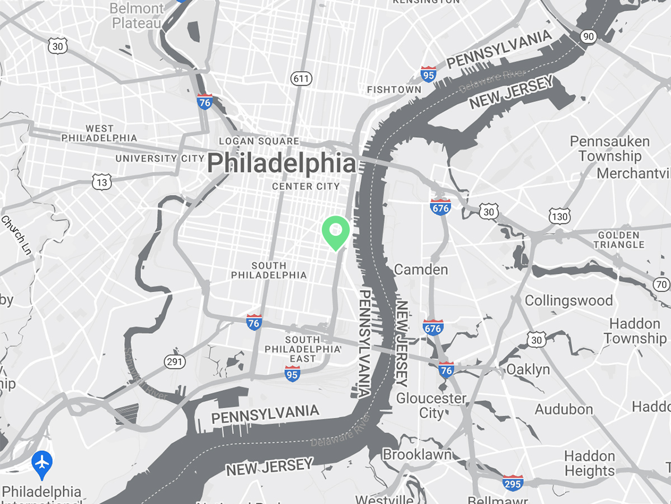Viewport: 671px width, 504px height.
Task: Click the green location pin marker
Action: click(336, 232)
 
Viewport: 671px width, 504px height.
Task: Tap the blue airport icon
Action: click(42, 463)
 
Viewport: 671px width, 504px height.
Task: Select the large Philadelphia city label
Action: click(281, 164)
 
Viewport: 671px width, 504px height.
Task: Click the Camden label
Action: click(421, 270)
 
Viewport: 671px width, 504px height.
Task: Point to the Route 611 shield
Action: click(301, 79)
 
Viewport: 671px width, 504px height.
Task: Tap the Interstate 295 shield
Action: click(513, 483)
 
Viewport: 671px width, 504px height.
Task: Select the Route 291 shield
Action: click(175, 362)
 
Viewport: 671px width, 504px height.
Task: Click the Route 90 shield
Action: click(588, 37)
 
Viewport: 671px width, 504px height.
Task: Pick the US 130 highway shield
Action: click(560, 216)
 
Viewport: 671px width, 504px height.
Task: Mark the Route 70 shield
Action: click(661, 285)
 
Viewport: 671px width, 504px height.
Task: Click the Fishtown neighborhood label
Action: click(394, 90)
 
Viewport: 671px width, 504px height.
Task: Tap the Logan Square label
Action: click(259, 141)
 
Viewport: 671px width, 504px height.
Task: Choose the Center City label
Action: click(306, 186)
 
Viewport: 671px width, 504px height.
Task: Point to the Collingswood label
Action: click(569, 301)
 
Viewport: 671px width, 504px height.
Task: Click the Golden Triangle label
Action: click(619, 240)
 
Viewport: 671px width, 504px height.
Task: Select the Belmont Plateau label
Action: click(137, 16)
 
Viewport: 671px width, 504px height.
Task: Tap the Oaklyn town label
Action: click(528, 370)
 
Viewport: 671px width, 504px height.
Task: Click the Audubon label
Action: click(564, 409)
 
